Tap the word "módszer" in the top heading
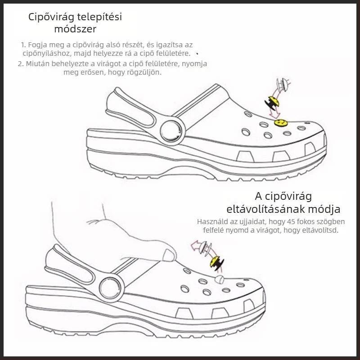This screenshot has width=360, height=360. click(x=75, y=30)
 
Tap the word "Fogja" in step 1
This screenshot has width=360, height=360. click(x=40, y=45)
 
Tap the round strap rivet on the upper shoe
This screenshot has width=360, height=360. click(x=171, y=131)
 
